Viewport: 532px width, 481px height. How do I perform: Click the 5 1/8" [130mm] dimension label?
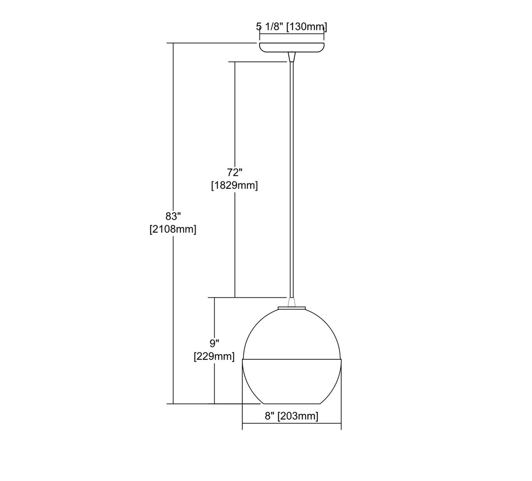(x=292, y=27)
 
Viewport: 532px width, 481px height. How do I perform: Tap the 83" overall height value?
(x=173, y=216)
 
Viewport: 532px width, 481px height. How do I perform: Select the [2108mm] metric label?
(x=173, y=229)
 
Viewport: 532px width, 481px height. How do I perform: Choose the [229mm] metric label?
(x=214, y=356)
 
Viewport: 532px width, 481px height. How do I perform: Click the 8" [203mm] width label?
(x=292, y=416)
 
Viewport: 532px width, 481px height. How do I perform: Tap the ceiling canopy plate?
(x=292, y=47)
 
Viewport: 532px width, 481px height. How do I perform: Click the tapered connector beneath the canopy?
(x=292, y=57)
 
